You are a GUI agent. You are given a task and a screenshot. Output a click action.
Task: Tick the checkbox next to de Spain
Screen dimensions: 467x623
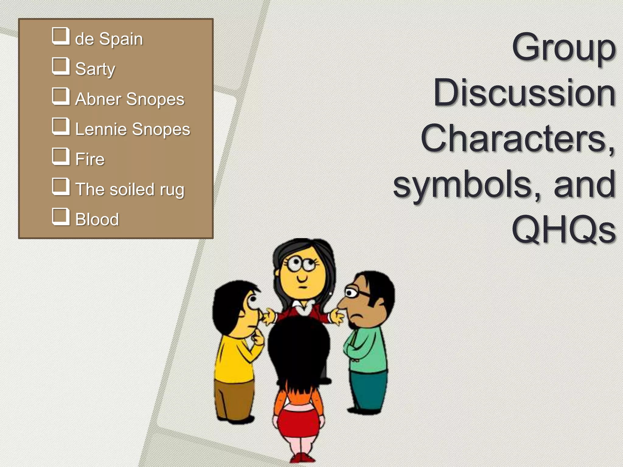(x=61, y=36)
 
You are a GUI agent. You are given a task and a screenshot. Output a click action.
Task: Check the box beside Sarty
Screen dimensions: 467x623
(x=61, y=66)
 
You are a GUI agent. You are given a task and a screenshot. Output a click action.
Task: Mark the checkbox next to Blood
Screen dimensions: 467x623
(x=61, y=217)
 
